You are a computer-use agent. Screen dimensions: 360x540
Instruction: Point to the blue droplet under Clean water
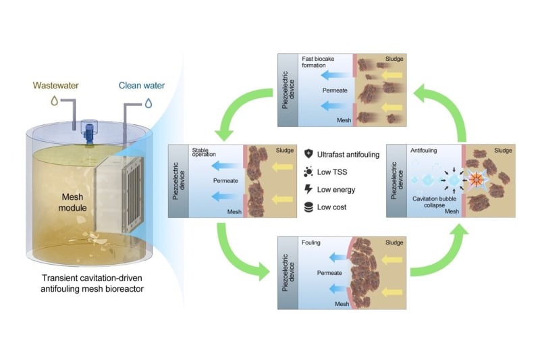point(147,103)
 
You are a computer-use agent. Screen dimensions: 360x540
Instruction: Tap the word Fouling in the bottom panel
point(311,241)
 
